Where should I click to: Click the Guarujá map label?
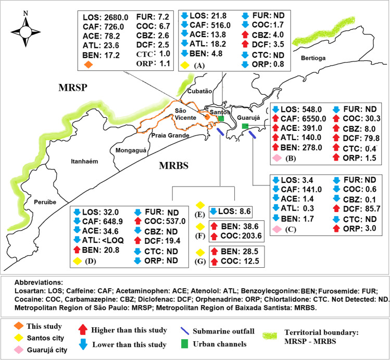[248, 118]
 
